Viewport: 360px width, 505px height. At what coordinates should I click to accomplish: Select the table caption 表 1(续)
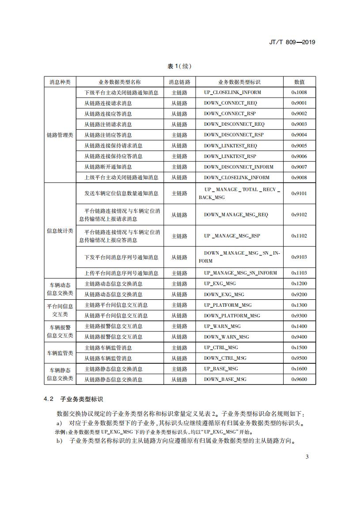[x=179, y=66]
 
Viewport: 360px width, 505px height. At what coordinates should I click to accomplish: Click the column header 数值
[x=299, y=82]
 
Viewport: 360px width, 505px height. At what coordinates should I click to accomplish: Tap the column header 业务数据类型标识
[x=239, y=82]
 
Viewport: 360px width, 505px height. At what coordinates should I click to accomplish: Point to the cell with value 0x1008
[x=299, y=93]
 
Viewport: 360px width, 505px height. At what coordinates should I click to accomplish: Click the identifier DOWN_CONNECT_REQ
[x=230, y=103]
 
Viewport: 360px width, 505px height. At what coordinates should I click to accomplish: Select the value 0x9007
[x=299, y=167]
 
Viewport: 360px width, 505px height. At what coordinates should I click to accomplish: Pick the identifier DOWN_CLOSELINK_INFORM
[x=236, y=177]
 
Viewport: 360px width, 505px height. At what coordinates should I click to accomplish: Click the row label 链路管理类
[x=60, y=135]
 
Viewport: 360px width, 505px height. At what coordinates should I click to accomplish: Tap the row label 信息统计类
[x=60, y=231]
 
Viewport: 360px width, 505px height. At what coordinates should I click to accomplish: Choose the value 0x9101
[x=299, y=193]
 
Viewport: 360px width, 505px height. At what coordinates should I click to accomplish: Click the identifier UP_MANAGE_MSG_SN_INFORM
[x=240, y=273]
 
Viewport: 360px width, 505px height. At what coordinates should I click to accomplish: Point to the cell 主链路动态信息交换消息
[x=114, y=284]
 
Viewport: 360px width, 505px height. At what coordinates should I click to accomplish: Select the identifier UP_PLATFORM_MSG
[x=227, y=305]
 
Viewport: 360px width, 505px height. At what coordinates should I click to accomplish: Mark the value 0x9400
[x=299, y=337]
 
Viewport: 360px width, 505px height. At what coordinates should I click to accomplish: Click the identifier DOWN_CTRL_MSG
[x=225, y=358]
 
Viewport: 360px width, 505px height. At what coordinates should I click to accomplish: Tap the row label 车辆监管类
[x=60, y=353]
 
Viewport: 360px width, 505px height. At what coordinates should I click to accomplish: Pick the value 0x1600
[x=299, y=369]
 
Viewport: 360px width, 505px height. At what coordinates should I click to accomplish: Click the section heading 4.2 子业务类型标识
[x=73, y=399]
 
